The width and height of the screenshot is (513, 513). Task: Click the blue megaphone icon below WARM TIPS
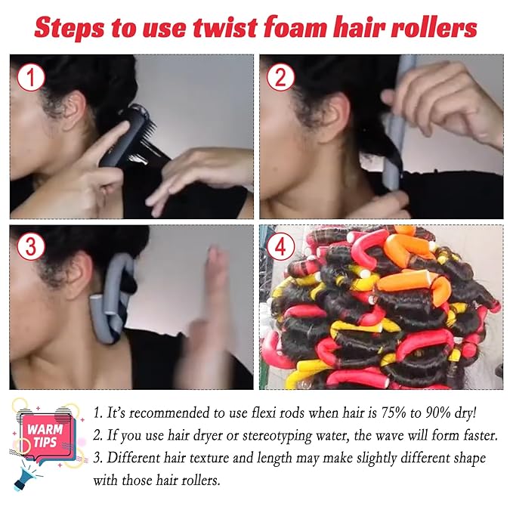26,474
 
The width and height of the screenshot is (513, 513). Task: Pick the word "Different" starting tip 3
138,459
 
